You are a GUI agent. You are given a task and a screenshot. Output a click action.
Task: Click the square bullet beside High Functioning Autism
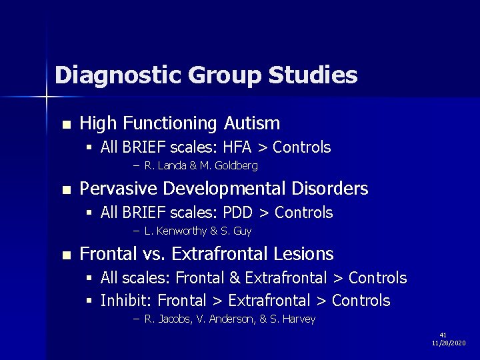pos(65,125)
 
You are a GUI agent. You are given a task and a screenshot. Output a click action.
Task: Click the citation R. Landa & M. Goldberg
pos(200,165)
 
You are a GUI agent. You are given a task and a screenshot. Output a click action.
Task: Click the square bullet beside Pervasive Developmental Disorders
pos(65,191)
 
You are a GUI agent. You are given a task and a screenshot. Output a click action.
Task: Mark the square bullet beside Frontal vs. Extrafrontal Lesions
pos(65,255)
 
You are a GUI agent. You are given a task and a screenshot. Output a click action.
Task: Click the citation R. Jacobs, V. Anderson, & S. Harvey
pos(229,319)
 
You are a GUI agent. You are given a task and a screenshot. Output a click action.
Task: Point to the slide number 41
pos(443,335)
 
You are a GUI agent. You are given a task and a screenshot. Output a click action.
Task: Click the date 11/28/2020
pos(449,343)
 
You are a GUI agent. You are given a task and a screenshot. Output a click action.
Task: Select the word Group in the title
pos(225,75)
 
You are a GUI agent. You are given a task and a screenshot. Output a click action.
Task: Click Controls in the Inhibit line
pos(361,301)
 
